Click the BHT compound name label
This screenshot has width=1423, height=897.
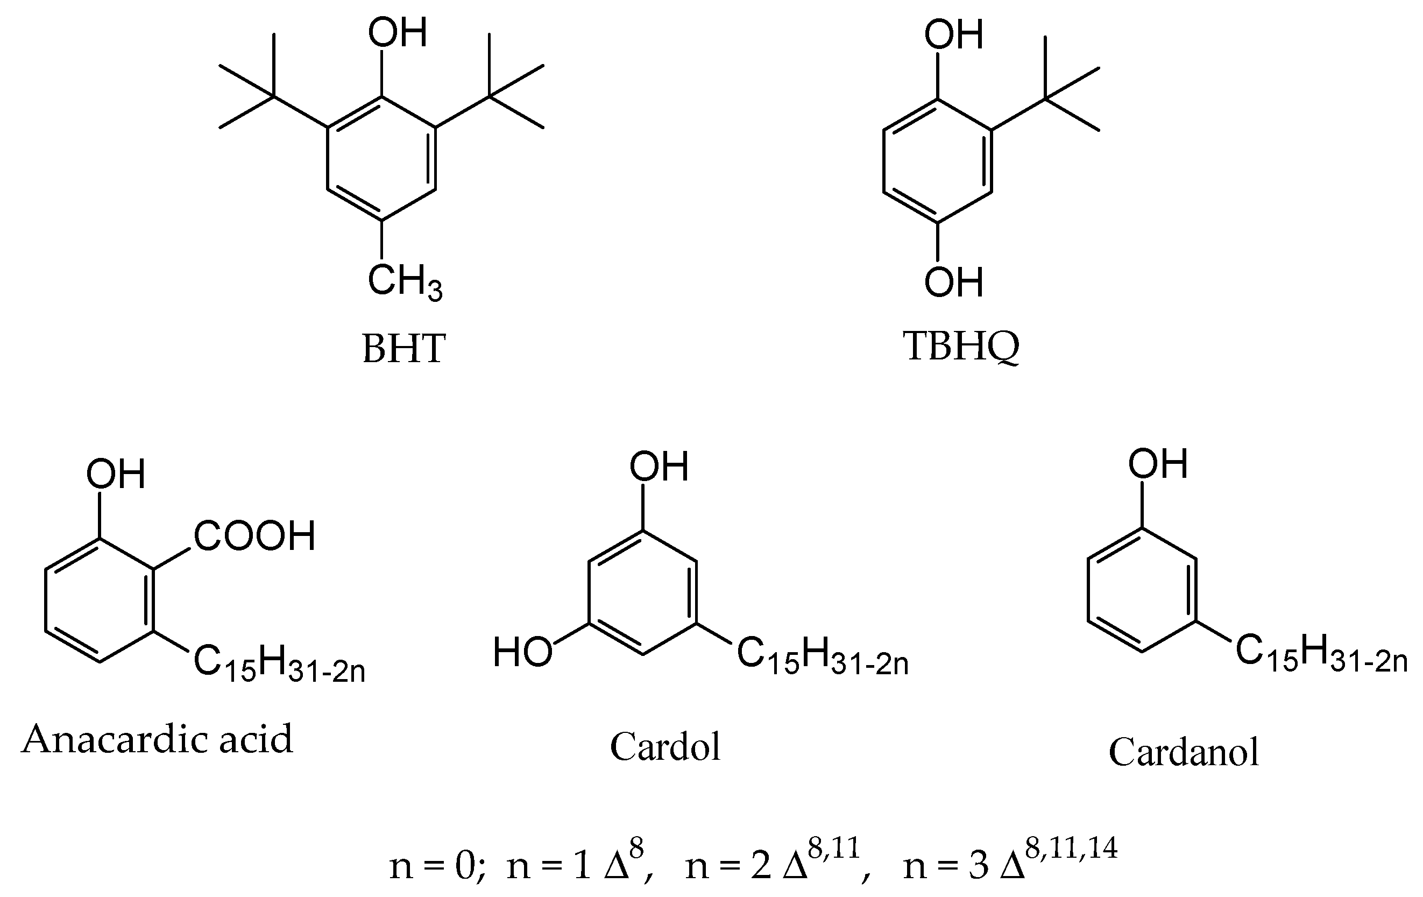point(403,349)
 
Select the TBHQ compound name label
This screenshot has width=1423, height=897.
point(961,347)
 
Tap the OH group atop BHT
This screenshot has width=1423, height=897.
point(397,32)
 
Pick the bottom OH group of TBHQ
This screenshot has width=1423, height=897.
point(954,282)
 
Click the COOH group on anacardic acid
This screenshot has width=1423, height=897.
point(254,536)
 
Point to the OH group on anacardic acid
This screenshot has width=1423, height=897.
point(116,474)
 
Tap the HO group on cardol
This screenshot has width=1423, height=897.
point(522,652)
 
